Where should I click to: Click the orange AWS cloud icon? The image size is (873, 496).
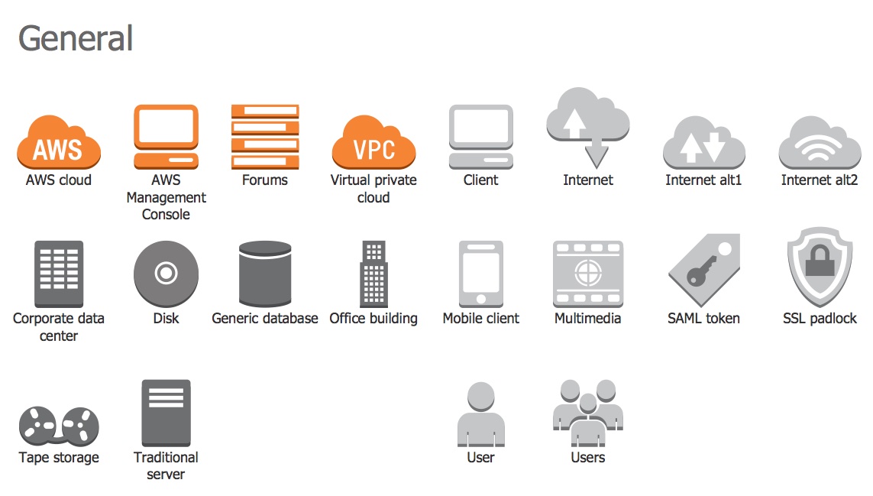pos(59,144)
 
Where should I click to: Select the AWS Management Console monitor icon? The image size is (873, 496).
pos(166,136)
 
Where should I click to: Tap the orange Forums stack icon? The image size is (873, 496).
pos(265,136)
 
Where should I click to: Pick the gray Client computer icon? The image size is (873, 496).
pos(480,136)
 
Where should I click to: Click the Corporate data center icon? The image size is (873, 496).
pos(59,274)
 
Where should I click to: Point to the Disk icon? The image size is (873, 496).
pos(166,274)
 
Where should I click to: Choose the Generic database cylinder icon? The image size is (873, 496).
pos(265,274)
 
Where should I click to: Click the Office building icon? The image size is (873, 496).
pos(373,274)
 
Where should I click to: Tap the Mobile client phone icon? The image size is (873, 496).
pos(480,274)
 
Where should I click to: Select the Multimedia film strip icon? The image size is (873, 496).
pos(587,274)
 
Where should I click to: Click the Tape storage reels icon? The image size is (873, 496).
pos(59,426)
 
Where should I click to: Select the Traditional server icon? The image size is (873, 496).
pos(166,413)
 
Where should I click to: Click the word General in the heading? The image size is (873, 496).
pos(76,38)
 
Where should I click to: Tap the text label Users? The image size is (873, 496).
pos(587,458)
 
